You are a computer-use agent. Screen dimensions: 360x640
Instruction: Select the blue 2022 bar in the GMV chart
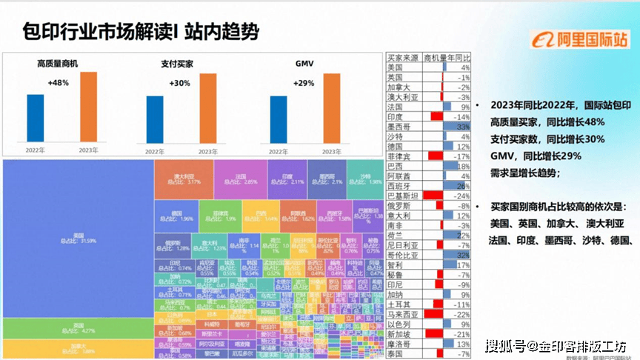point(279,119)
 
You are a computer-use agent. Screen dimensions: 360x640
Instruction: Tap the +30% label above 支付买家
point(179,84)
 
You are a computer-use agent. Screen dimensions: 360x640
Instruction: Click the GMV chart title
point(304,64)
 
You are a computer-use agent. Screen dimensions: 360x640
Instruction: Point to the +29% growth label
point(304,84)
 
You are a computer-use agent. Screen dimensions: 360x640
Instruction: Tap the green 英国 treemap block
point(78,328)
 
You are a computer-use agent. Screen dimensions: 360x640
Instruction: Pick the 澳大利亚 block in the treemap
point(184,178)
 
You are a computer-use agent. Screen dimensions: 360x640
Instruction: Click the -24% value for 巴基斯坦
point(461,196)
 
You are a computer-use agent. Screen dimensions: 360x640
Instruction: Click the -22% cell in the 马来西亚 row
point(461,314)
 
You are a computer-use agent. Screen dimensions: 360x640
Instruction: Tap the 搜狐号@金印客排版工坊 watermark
point(556,347)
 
